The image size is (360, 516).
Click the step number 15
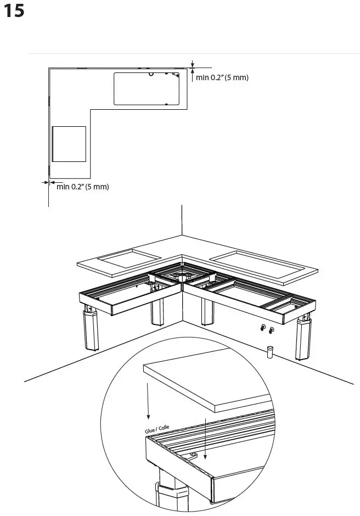[x=14, y=11]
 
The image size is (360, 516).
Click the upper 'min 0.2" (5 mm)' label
[x=222, y=77]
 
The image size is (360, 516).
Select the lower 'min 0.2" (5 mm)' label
[x=83, y=187]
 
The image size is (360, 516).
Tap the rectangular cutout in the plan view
[x=147, y=88]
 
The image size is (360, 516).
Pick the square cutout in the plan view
[x=69, y=144]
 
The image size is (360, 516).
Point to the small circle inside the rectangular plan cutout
[x=151, y=74]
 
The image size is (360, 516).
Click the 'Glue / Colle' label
[x=157, y=429]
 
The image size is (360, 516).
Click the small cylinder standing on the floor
[x=269, y=351]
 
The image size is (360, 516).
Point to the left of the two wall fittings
[x=263, y=329]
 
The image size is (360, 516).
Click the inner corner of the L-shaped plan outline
[x=90, y=108]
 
